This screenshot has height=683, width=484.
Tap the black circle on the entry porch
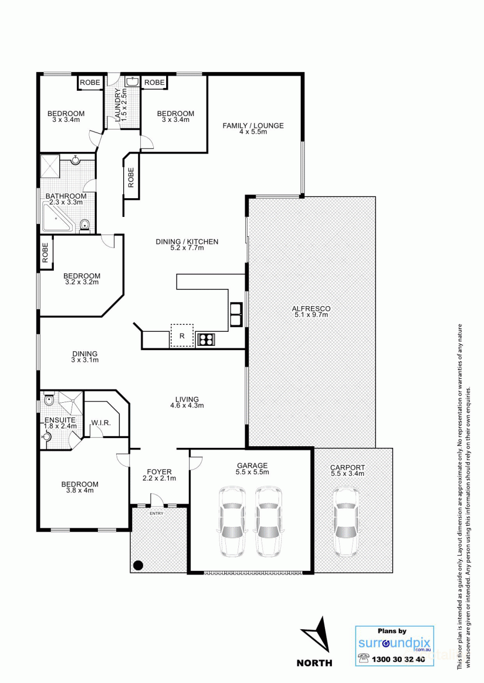(138, 565)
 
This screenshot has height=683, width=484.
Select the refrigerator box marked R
(182, 336)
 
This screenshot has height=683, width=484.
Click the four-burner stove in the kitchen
(206, 339)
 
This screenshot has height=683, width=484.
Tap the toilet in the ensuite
(48, 399)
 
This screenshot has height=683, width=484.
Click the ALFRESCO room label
(311, 309)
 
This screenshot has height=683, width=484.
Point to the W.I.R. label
(101, 423)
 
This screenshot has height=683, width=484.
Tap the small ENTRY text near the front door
(156, 513)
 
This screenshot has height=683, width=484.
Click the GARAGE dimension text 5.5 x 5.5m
(252, 473)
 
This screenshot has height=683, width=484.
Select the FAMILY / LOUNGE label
(253, 126)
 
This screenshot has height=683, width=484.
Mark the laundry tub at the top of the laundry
(132, 82)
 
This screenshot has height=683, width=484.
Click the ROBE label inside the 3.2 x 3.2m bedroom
(46, 252)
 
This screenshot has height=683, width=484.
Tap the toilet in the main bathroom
(84, 225)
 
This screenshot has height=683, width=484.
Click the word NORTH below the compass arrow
(315, 663)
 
